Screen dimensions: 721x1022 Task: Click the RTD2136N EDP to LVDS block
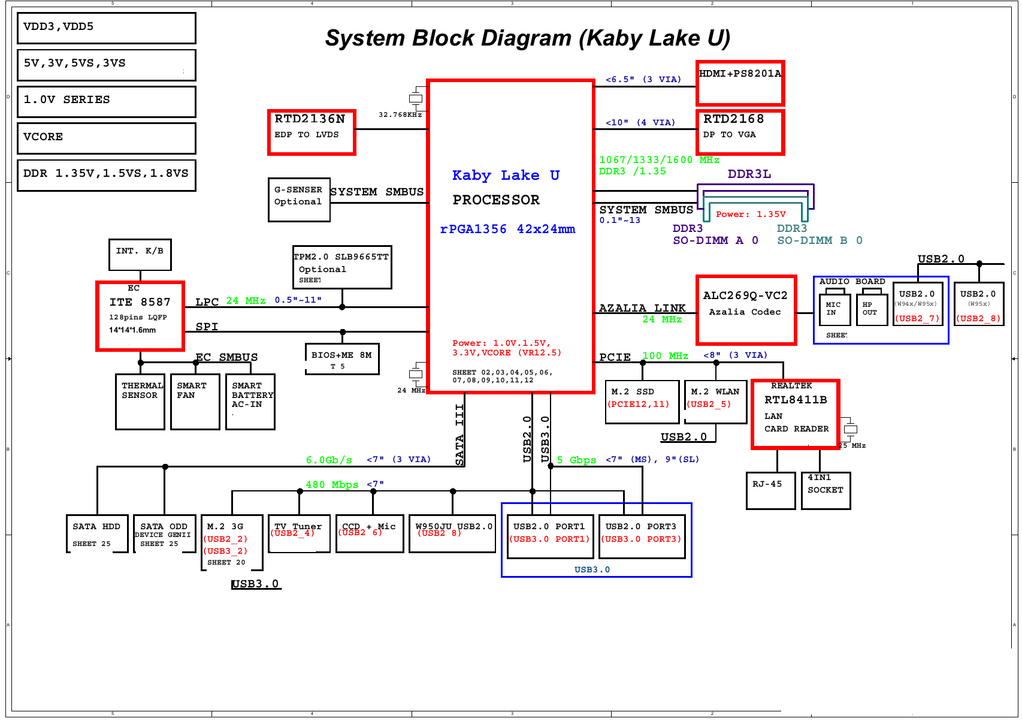312,132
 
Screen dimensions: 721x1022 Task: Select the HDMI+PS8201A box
740,83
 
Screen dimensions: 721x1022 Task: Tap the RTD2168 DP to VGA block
740,132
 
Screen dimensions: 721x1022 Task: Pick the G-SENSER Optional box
299,200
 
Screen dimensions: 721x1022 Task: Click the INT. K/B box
140,255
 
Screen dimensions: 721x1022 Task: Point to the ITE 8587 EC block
140,316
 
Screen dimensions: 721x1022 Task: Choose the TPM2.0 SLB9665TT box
341,267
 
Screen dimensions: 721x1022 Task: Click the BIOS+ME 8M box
341,359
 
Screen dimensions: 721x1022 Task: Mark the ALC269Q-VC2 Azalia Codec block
746,310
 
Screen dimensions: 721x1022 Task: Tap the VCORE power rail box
107,138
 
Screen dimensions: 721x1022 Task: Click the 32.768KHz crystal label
400,114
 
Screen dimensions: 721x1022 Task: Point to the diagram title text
527,38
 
